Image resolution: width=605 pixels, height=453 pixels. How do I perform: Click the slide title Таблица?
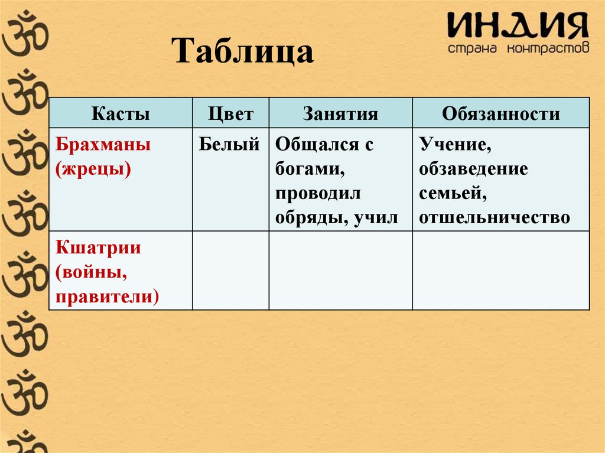point(243,52)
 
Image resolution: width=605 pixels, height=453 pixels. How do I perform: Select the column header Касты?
point(121,113)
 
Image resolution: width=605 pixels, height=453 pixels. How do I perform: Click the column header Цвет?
point(230,113)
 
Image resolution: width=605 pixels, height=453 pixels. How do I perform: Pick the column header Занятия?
point(340,113)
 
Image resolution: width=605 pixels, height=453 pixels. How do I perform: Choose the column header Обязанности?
point(500,113)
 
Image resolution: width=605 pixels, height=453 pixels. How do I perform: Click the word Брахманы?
point(103,145)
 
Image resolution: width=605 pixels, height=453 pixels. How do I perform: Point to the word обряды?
point(311,219)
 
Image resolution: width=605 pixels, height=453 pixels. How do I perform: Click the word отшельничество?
point(495,219)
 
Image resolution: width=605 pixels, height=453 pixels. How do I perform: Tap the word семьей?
point(453,194)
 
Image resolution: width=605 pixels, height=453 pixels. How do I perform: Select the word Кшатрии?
point(99,247)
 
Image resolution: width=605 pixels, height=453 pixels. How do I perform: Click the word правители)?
point(108,296)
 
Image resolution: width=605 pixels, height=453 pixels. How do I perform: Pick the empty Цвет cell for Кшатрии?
point(230,270)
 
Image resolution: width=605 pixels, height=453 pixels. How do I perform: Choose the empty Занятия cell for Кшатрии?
point(340,270)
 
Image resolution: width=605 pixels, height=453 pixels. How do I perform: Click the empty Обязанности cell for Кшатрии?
point(500,270)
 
